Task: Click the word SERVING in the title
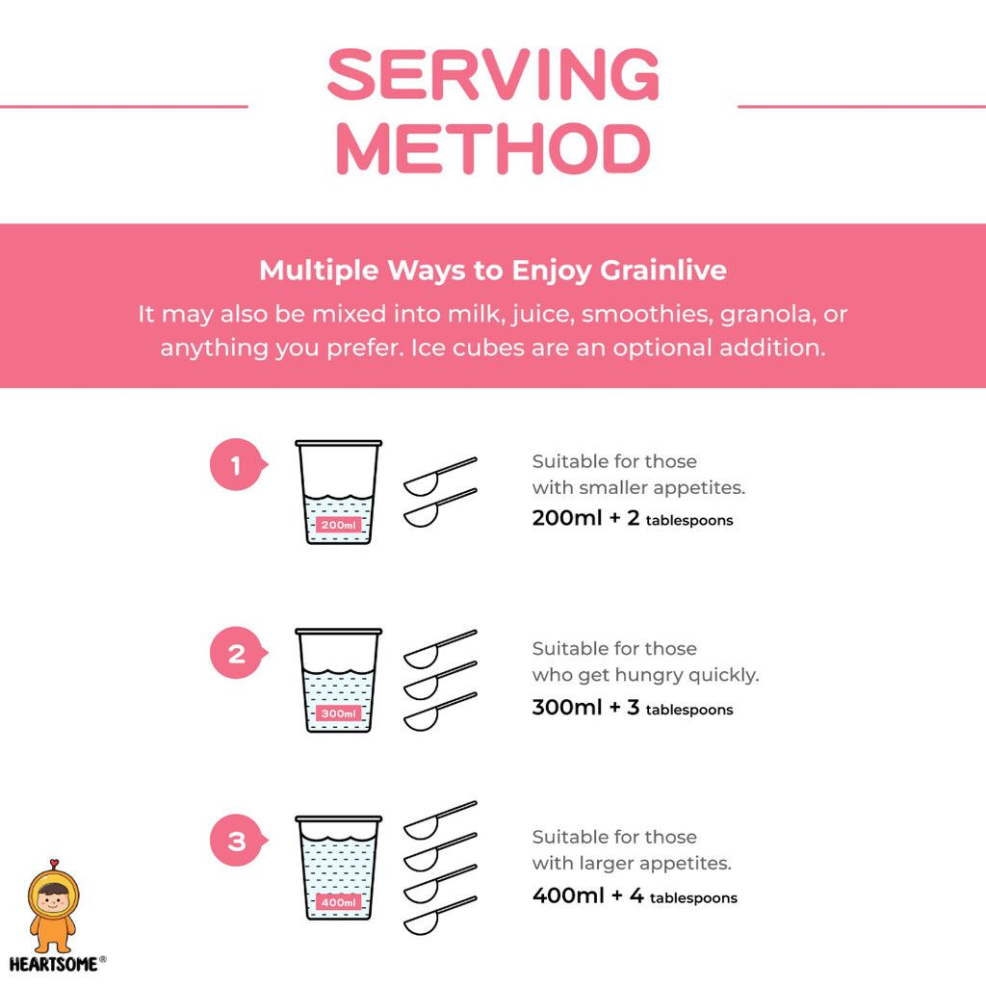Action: tap(494, 74)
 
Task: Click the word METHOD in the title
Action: tap(494, 148)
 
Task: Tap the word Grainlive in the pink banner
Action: tap(663, 271)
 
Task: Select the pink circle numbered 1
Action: tap(236, 465)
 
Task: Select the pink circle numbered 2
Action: tap(236, 654)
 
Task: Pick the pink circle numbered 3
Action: tap(236, 841)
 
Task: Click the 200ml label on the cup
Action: tap(338, 525)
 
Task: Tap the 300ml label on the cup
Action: tap(338, 714)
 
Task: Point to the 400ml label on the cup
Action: tap(338, 901)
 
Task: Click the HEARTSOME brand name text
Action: tap(54, 964)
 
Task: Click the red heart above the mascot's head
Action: tap(54, 863)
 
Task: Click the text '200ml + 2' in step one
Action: tap(586, 517)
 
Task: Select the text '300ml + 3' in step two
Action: tap(586, 707)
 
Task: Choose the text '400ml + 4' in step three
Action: tap(588, 895)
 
